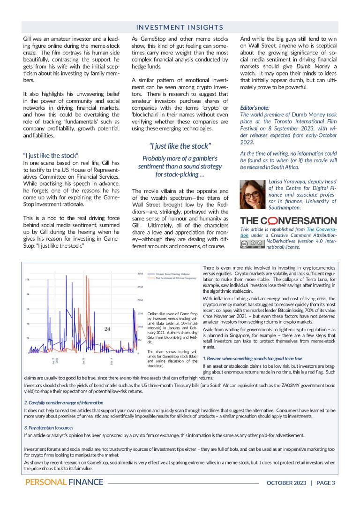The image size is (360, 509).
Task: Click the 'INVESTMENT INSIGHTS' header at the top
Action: (180, 27)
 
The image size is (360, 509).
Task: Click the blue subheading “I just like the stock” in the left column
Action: (51, 155)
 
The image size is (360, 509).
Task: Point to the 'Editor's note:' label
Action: (255, 107)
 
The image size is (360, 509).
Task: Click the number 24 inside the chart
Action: (107, 329)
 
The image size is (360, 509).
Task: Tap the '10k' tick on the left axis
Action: (27, 280)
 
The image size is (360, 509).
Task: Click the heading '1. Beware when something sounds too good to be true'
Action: (252, 358)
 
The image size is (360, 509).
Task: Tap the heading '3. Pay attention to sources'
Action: (49, 427)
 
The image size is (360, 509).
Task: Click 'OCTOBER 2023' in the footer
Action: (286, 482)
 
